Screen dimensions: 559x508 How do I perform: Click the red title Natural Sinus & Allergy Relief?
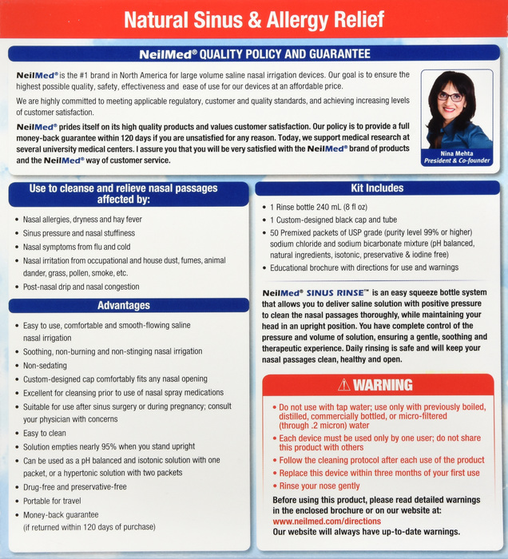pos(253,19)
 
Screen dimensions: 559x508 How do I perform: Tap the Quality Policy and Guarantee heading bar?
pos(253,54)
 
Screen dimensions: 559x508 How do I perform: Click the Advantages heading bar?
pos(123,305)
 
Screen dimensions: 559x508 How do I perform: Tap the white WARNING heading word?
pos(383,385)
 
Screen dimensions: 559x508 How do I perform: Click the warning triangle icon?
pos(344,385)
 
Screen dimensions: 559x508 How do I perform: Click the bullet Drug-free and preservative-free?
pos(75,486)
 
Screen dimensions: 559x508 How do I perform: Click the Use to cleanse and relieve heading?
pos(123,194)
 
